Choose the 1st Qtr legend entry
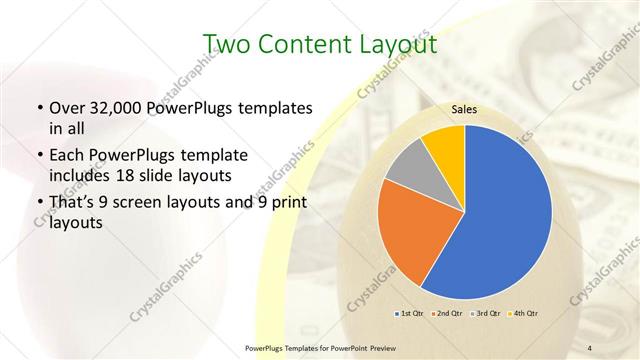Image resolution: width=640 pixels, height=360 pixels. coord(409,314)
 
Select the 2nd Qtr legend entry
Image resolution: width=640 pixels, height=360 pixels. coord(447,314)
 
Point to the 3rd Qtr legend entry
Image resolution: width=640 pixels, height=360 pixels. coord(486,314)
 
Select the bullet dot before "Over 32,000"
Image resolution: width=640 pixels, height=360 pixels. coord(38,107)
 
